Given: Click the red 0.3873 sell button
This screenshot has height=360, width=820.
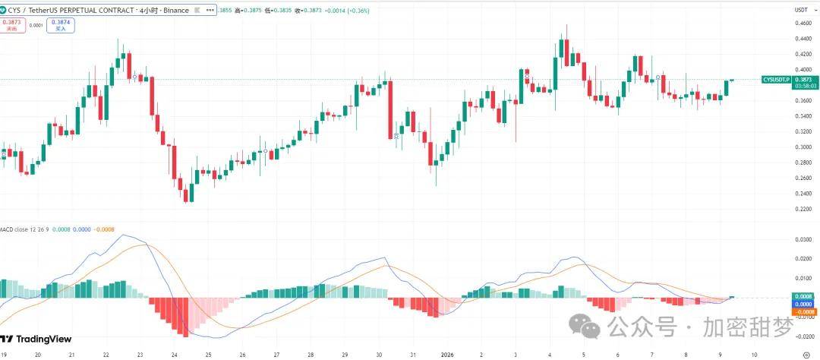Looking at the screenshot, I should point(11,25).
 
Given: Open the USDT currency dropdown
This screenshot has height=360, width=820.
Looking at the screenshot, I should point(801,10).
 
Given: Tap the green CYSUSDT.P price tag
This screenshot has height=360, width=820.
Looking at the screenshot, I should point(776,80).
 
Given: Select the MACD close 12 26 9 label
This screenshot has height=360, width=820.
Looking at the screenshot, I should point(27,229).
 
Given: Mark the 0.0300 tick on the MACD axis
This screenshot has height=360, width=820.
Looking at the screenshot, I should point(803,240).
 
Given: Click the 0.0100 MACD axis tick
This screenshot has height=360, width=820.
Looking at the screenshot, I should point(803,278).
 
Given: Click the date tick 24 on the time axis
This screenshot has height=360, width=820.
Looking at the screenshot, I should point(175,354).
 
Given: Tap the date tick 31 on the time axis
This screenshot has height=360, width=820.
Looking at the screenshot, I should point(413,354).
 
